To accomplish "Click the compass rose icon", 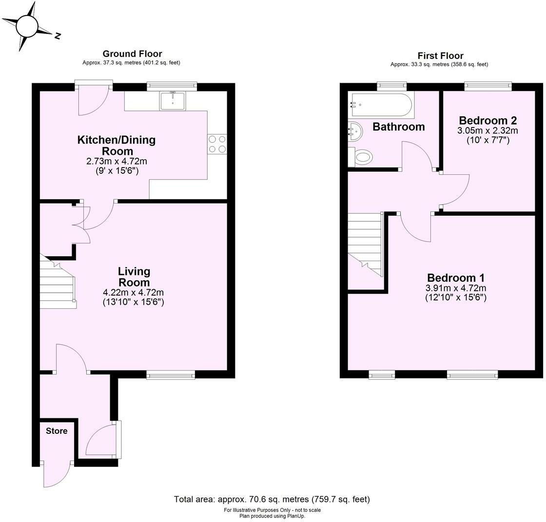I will tap(27, 26).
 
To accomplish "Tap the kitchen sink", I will tap(173, 100).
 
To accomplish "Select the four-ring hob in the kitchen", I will tap(217, 144).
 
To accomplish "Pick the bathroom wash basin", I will tap(355, 130).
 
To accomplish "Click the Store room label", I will tap(57, 431).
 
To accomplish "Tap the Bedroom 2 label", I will tap(487, 120).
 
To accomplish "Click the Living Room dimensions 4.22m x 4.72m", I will tap(133, 293).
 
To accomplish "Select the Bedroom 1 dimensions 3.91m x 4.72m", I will tap(456, 288).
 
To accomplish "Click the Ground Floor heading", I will tap(132, 54).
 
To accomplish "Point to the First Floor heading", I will tap(440, 56).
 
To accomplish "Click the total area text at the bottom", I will tap(272, 499).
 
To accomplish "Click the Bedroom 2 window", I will tap(487, 86).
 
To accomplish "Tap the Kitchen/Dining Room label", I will tap(117, 145).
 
